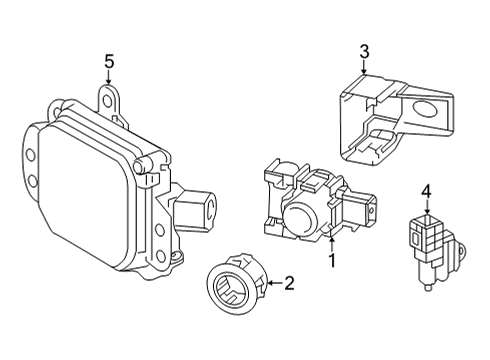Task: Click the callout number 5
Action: coord(109,62)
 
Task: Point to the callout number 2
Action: coord(289,284)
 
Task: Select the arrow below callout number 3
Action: coord(364,66)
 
